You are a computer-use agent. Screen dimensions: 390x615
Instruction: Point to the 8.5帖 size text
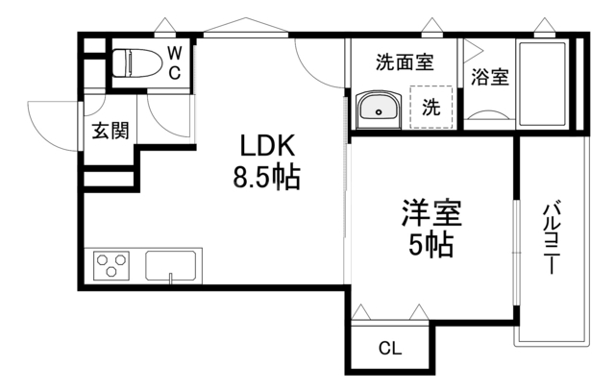click(266, 178)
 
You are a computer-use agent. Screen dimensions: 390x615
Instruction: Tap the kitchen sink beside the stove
click(173, 264)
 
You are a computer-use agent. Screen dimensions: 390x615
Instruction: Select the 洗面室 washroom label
click(403, 63)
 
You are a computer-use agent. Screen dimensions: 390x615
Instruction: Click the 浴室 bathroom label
click(490, 79)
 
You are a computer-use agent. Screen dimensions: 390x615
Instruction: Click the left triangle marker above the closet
click(360, 312)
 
